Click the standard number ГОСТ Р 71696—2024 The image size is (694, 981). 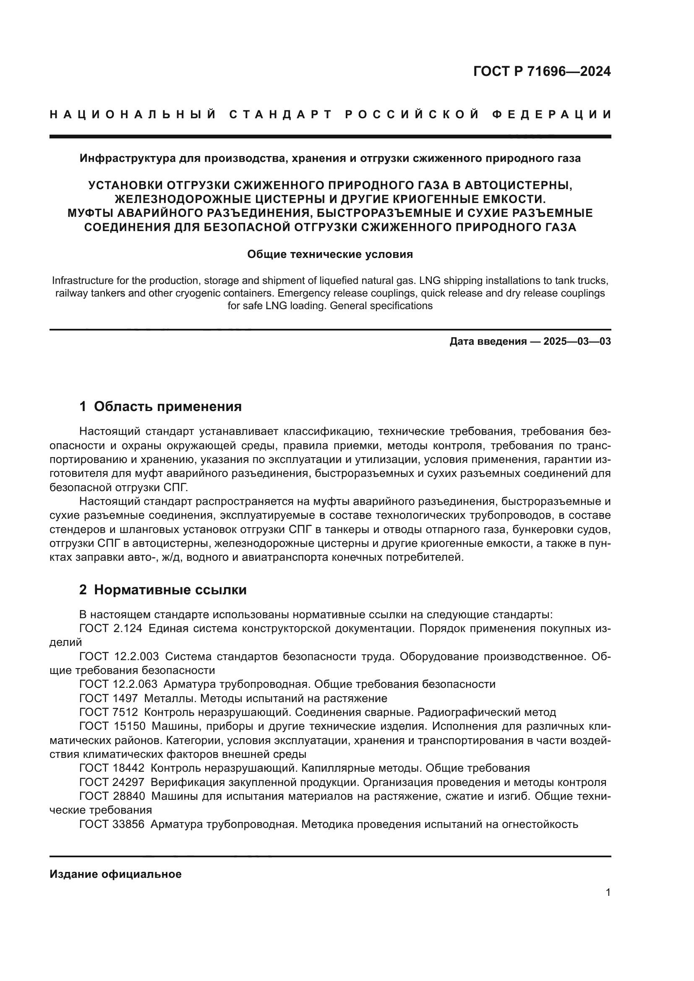pyautogui.click(x=541, y=72)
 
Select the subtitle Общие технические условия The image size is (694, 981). pyautogui.click(x=330, y=255)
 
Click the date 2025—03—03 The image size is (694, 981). pyautogui.click(x=577, y=341)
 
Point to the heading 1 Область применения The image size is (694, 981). pyautogui.click(x=160, y=406)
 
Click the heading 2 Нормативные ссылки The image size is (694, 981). pyautogui.click(x=163, y=590)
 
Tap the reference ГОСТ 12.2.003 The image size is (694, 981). pyautogui.click(x=119, y=657)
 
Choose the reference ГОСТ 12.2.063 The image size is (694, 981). pyautogui.click(x=118, y=684)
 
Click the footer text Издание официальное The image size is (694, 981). pyautogui.click(x=115, y=874)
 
